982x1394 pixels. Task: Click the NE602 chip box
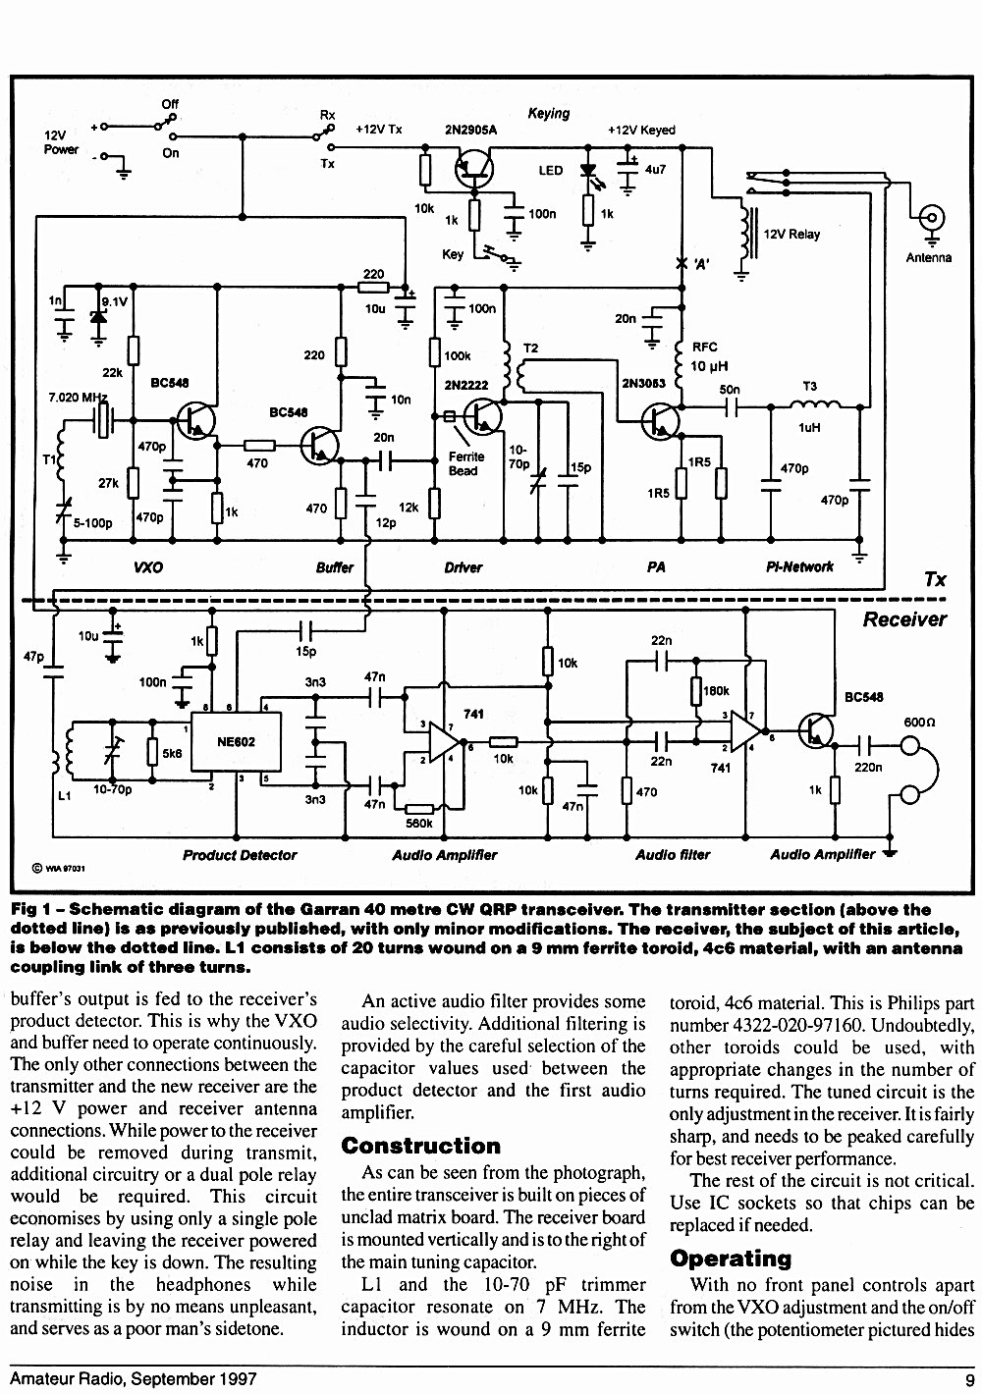point(236,741)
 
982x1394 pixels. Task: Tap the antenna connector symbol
point(932,219)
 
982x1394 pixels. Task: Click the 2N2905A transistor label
point(470,130)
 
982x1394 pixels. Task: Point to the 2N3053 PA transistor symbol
point(660,421)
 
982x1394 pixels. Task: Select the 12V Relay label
point(791,234)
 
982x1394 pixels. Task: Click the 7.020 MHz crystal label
point(78,397)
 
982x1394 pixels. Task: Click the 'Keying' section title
point(549,114)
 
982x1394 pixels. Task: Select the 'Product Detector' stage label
point(240,855)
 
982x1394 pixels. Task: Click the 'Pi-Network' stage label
point(799,566)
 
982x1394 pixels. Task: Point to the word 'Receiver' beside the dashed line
point(904,618)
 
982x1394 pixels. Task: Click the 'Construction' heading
point(421,1146)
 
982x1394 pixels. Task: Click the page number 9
point(969,1379)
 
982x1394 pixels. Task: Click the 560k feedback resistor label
point(418,824)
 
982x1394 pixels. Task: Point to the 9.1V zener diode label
point(115,302)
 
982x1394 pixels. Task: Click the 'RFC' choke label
point(704,347)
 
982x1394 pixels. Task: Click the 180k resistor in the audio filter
point(697,691)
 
